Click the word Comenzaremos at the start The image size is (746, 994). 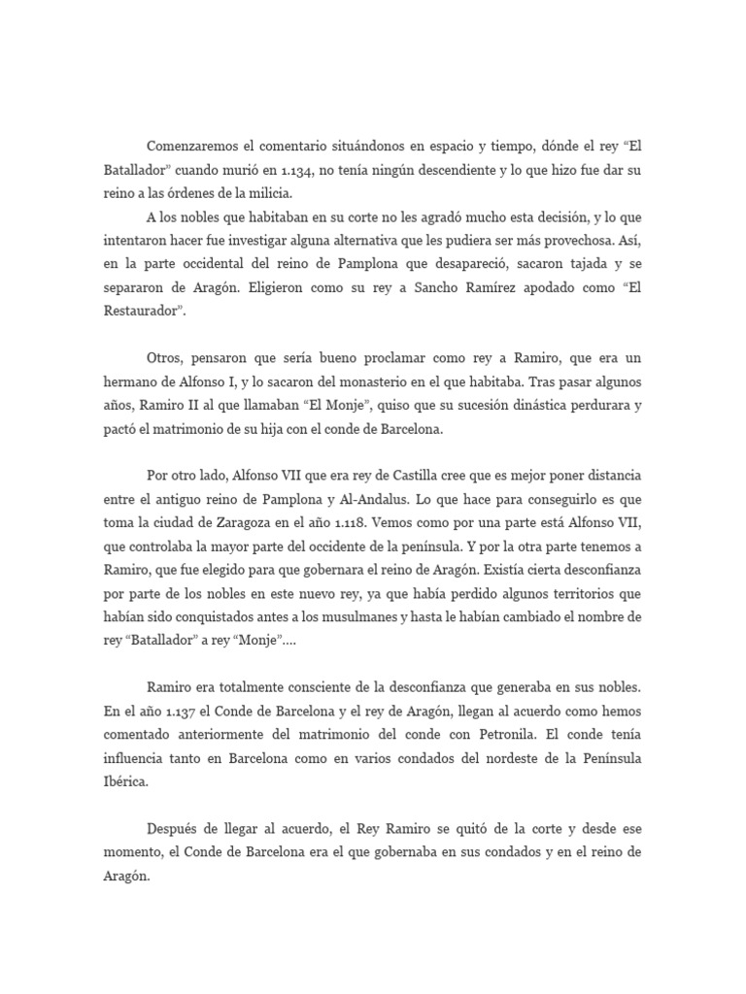pyautogui.click(x=194, y=146)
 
